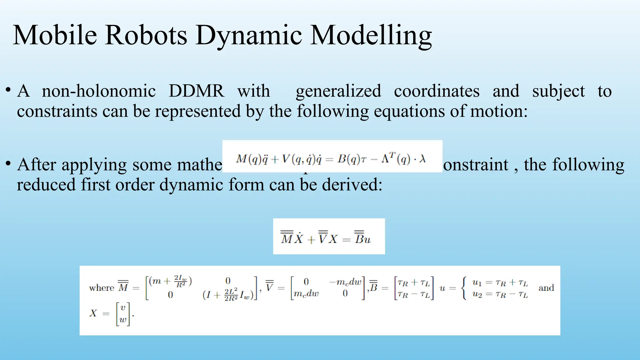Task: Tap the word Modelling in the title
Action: (x=371, y=35)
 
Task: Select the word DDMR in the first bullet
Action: (x=196, y=91)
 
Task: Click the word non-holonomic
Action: (x=99, y=91)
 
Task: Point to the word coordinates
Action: (x=437, y=91)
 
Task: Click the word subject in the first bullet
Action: (x=558, y=91)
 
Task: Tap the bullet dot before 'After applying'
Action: (x=8, y=163)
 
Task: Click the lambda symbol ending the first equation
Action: (x=422, y=159)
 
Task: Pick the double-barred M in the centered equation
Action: (x=287, y=238)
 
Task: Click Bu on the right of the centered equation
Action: (x=362, y=239)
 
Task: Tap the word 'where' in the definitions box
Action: (x=102, y=288)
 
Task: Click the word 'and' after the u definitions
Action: (x=546, y=288)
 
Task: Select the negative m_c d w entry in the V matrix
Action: (x=345, y=282)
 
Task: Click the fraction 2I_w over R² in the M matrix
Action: (x=181, y=281)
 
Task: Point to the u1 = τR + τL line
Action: (x=500, y=283)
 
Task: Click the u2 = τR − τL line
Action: (x=500, y=294)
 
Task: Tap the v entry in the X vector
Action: (x=123, y=308)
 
